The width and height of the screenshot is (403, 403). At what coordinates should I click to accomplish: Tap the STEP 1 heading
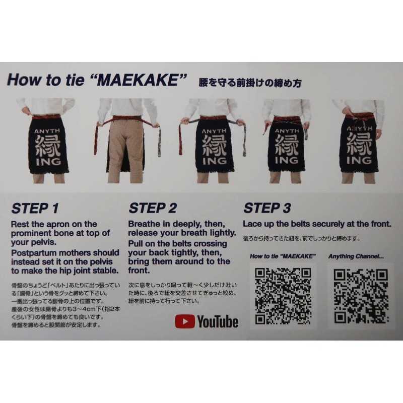coord(35,208)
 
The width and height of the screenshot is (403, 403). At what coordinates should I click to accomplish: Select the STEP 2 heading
coord(153,208)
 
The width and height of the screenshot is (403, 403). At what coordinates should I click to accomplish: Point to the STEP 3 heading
coord(267,208)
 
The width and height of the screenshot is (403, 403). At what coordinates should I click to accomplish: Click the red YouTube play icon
coord(184,321)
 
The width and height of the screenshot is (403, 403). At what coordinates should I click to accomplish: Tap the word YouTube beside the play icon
coord(217,322)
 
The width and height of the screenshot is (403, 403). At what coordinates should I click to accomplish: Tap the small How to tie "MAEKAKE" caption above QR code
coord(283,256)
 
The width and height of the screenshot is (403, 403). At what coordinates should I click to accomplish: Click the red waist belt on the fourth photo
coord(286,120)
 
